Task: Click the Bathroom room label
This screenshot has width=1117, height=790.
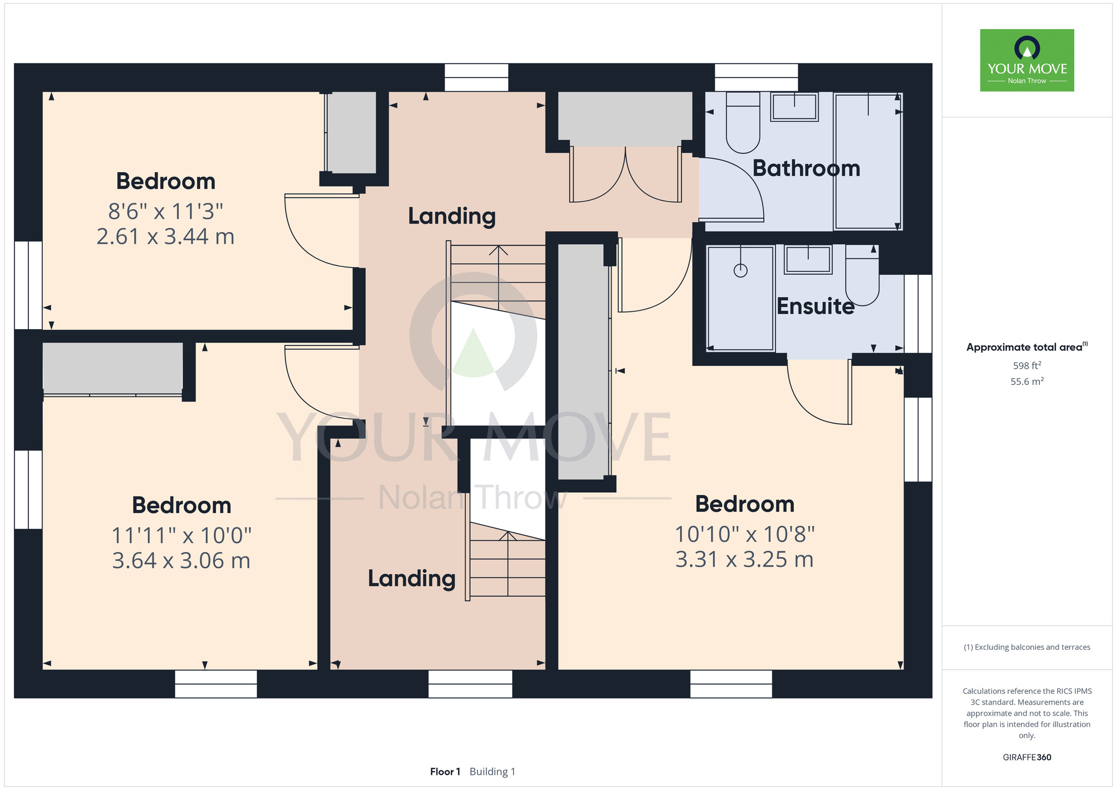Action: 806,168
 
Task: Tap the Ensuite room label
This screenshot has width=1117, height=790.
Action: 815,306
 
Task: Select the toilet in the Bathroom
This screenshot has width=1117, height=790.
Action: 743,123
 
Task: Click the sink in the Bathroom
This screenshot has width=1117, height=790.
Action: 794,107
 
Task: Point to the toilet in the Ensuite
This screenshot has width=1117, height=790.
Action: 862,275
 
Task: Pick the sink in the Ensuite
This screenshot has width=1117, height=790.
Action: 808,260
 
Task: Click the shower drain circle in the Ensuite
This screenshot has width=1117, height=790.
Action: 741,271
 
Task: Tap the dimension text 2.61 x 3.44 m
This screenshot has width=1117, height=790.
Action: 165,237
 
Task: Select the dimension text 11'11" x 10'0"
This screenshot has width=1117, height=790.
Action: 182,535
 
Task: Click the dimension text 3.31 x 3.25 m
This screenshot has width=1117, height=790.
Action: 744,559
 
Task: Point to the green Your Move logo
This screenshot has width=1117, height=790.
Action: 1027,60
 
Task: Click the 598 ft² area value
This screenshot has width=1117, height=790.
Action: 1027,365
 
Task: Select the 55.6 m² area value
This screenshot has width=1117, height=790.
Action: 1027,382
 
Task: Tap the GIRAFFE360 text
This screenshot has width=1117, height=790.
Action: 1027,758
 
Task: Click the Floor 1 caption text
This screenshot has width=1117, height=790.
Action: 445,772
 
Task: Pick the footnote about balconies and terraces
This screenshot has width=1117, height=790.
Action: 1027,647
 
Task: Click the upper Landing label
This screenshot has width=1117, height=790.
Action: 452,216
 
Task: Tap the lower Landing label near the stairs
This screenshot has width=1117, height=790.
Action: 412,578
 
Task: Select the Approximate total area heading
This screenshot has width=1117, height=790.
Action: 1027,347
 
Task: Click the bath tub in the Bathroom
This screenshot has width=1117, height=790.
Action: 868,161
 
